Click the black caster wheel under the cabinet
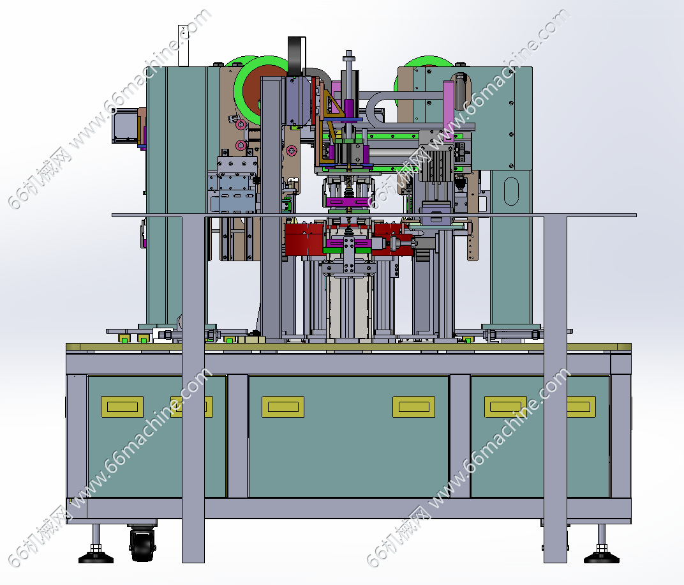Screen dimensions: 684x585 click(142, 544)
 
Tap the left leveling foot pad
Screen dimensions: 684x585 click(96, 558)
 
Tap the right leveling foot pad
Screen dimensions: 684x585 click(602, 558)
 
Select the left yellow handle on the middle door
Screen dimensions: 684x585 click(283, 407)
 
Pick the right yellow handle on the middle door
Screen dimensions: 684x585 click(413, 407)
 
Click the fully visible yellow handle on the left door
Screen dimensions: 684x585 click(122, 407)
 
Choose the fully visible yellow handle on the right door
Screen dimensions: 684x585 click(505, 407)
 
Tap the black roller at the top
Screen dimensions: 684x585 click(297, 57)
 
